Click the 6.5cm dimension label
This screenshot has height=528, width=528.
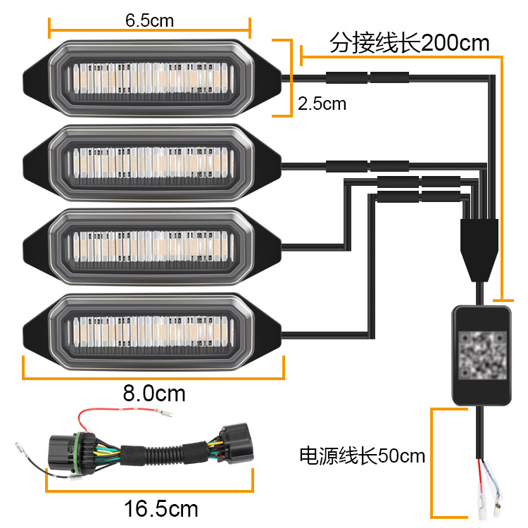pos(149,20)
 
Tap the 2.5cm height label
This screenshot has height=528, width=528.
pos(322,103)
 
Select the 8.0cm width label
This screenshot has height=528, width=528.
pos(154,393)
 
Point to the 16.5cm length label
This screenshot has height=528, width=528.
pos(161,509)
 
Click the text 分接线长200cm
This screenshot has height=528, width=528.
pos(409,43)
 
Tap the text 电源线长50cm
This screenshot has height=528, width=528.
pos(363,456)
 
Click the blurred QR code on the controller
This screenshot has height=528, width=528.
pos(482,355)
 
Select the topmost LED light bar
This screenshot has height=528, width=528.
pos(152,78)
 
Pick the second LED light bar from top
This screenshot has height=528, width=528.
pos(152,163)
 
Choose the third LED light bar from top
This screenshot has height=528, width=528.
pos(152,247)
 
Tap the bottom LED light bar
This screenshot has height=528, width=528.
pos(152,332)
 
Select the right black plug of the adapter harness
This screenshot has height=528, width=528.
pos(236,443)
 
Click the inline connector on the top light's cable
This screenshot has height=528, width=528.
pos(367,77)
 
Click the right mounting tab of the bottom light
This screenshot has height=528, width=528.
pos(268,332)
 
